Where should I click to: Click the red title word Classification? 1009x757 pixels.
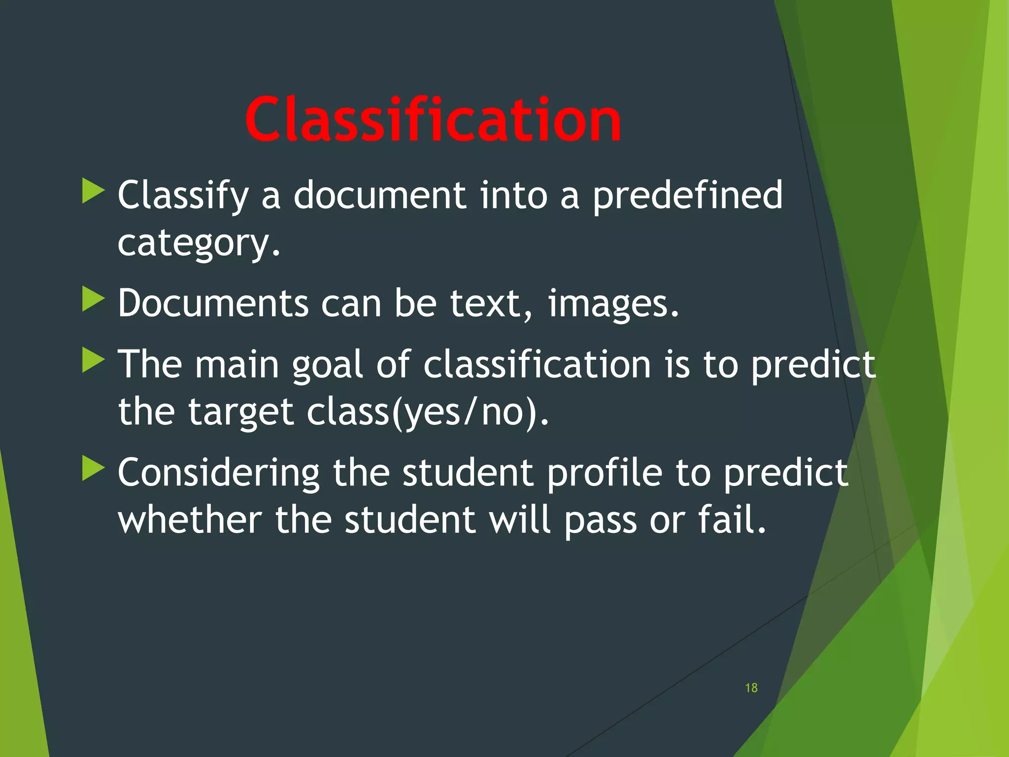[x=433, y=119]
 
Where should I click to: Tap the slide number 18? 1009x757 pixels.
[x=751, y=688]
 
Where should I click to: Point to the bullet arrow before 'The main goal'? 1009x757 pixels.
[x=93, y=360]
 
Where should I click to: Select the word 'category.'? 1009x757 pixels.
[x=199, y=243]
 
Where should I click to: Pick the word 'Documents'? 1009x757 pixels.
[x=213, y=303]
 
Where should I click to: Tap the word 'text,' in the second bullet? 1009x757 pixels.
[x=491, y=304]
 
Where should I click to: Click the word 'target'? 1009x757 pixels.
[x=241, y=412]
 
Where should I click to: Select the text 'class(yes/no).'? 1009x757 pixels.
[x=427, y=412]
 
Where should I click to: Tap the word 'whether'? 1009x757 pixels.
[x=190, y=520]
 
